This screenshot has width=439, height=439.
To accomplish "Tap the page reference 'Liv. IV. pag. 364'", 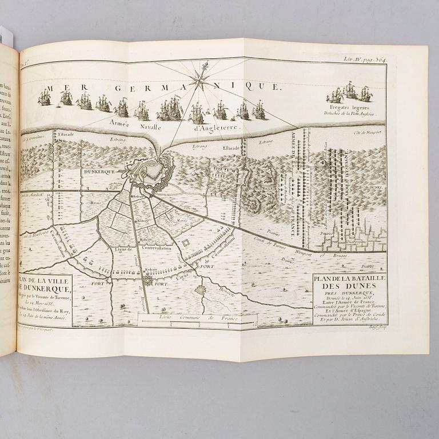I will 365,59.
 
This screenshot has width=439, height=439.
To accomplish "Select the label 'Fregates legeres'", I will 349,107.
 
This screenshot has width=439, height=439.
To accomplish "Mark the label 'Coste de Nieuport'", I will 367,133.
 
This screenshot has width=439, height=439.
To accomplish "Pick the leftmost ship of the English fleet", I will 44,98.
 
